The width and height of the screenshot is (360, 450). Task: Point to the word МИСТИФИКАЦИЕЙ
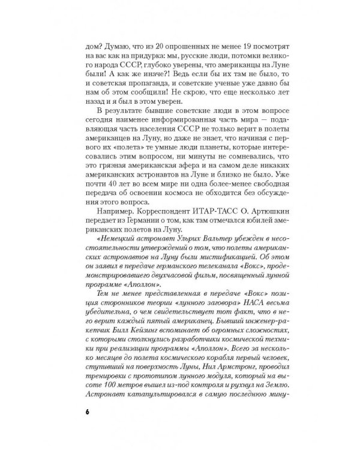pos(218,268)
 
